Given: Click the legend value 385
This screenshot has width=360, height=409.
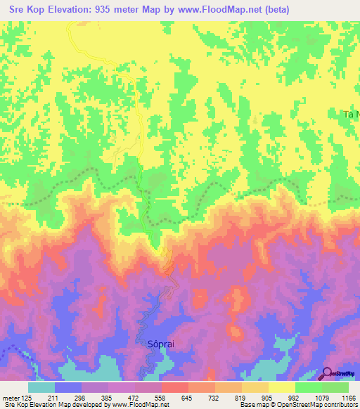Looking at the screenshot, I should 108,398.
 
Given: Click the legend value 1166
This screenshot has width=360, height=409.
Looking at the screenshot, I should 347,398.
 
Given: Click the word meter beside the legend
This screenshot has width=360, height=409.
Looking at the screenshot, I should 11,398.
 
